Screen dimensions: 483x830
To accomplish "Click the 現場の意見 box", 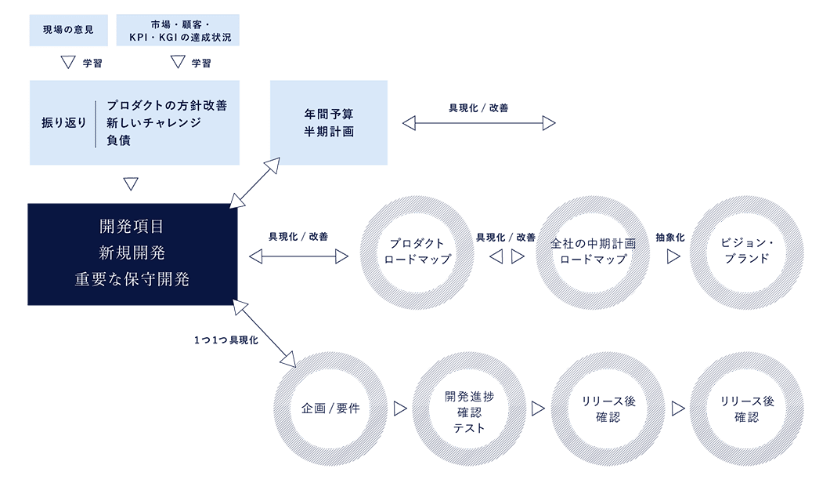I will click(x=67, y=30).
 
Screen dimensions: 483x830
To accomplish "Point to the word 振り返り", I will click(x=63, y=123).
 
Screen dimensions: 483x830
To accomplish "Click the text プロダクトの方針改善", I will click(x=167, y=106).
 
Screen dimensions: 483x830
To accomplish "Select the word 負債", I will click(x=118, y=140).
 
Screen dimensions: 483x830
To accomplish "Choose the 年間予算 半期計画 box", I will click(x=329, y=122).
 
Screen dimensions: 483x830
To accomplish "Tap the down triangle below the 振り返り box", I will click(x=131, y=184).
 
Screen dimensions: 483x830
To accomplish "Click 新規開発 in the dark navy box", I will click(x=132, y=253).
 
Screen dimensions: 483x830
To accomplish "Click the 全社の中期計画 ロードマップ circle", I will click(x=592, y=252).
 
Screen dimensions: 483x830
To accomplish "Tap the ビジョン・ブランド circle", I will click(x=748, y=252).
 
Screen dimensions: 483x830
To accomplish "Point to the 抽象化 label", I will click(x=670, y=237).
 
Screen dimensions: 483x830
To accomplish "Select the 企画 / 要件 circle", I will click(x=330, y=409).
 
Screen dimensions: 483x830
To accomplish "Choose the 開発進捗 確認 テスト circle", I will click(x=469, y=409).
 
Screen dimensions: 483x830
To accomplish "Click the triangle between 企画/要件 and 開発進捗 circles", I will click(x=399, y=409).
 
